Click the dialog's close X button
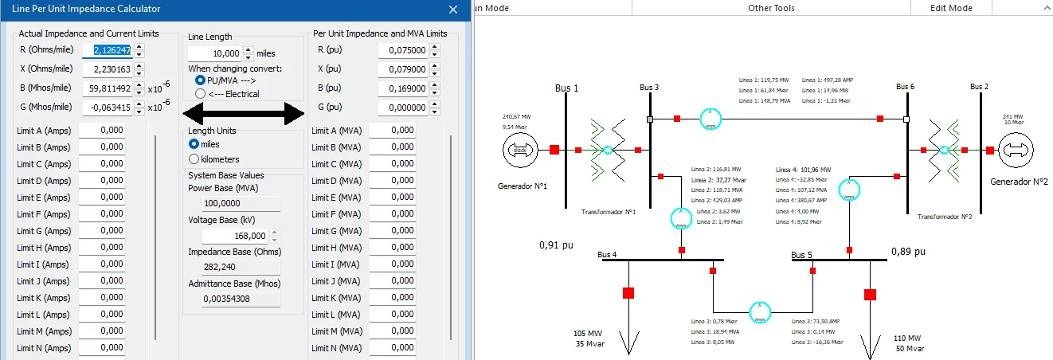point(453,10)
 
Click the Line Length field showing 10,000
point(214,54)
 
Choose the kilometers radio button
point(194,160)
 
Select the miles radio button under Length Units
point(194,144)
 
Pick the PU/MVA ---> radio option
point(200,80)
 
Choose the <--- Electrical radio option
point(200,94)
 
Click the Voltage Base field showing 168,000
point(236,237)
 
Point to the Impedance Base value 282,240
point(231,268)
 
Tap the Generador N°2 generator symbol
point(1016,150)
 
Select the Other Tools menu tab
point(771,8)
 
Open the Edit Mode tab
point(951,8)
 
